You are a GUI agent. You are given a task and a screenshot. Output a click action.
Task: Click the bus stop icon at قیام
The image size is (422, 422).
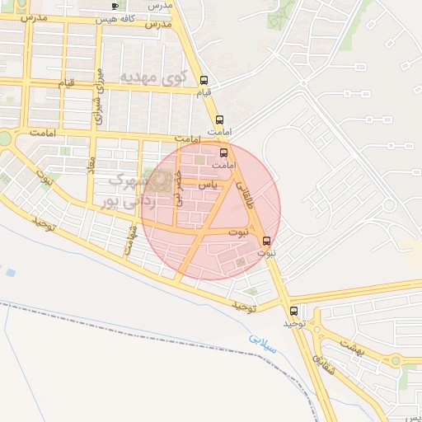point(204,81)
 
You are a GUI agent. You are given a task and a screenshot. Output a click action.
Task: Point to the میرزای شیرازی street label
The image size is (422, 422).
point(100,96)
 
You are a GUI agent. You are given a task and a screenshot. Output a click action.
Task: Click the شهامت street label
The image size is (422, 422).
point(129,240)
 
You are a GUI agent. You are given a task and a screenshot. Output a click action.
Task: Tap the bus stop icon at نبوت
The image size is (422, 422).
point(266,241)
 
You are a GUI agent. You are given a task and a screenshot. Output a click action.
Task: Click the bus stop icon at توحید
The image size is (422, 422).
point(294,311)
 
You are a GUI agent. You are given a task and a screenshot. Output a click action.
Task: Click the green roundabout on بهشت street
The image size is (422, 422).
point(396,360)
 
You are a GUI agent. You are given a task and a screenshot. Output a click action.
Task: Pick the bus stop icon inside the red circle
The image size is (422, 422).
point(223,153)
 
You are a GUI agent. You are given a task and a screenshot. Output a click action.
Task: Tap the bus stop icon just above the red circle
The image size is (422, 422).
point(219,120)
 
